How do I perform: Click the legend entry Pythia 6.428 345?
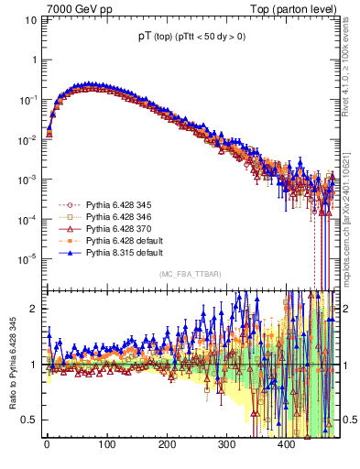point(115,204)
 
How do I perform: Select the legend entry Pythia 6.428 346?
point(115,216)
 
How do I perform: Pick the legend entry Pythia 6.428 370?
point(115,228)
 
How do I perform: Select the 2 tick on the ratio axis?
point(34,309)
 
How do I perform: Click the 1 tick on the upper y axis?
point(34,60)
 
